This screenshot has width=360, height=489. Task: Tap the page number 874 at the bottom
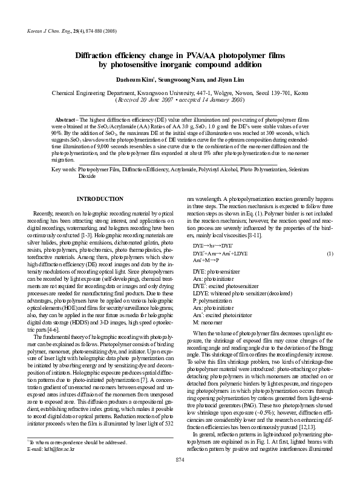pyautogui.click(x=180, y=478)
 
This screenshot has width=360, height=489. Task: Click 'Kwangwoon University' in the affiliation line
pyautogui.click(x=171, y=94)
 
